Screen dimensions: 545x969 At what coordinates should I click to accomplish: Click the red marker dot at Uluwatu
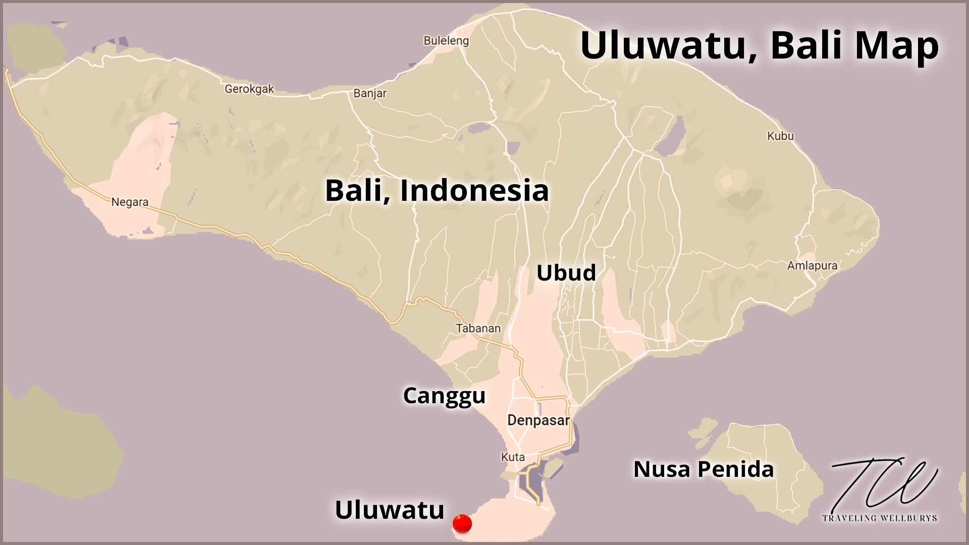(x=462, y=523)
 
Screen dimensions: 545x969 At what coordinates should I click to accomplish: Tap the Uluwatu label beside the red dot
(x=389, y=510)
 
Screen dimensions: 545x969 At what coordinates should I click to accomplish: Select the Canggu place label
(x=444, y=396)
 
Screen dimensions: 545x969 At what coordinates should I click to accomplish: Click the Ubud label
(x=566, y=273)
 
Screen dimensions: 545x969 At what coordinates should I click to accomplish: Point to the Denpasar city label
(x=538, y=420)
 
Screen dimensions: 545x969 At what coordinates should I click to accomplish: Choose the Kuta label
(x=513, y=457)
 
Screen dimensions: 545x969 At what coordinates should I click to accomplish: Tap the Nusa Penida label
(x=704, y=469)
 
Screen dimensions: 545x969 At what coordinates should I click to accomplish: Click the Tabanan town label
(x=478, y=329)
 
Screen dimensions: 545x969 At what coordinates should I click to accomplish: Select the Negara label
(x=130, y=202)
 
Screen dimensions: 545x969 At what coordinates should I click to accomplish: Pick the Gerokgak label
(x=249, y=89)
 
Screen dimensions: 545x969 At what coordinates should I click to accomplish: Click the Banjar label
(x=370, y=93)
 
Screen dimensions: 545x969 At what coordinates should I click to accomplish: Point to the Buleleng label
(x=446, y=41)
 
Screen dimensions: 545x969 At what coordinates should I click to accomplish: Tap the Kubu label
(x=780, y=136)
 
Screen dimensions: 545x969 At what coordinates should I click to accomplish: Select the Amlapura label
(x=812, y=266)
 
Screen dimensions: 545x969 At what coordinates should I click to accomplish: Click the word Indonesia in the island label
(x=474, y=191)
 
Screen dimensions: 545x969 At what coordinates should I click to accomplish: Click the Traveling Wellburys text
(x=879, y=518)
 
